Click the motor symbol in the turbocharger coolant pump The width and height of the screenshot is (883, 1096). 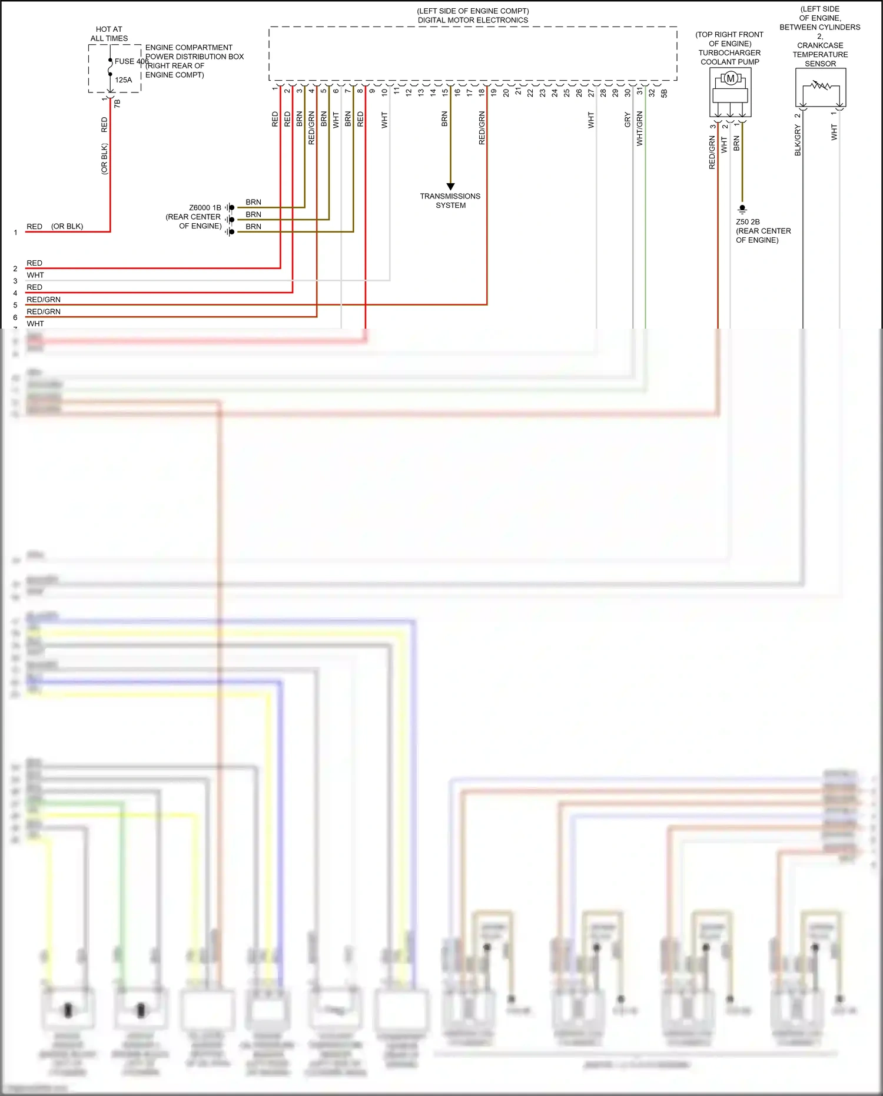click(731, 78)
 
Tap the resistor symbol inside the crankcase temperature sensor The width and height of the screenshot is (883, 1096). click(820, 87)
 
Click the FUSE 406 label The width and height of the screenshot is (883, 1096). click(131, 61)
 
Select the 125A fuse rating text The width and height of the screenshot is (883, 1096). click(124, 80)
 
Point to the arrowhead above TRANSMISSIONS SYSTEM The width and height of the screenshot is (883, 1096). click(451, 187)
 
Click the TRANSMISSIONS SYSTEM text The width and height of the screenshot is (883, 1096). click(450, 201)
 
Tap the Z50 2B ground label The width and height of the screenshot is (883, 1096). click(748, 222)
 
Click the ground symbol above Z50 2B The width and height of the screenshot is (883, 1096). click(742, 208)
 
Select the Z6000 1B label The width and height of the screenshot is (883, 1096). click(205, 208)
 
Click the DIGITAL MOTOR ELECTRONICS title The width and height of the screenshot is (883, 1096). click(473, 20)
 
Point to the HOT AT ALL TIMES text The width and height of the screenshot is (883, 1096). click(109, 34)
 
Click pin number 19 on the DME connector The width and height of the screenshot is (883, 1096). click(494, 92)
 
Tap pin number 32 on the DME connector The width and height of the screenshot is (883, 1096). click(652, 92)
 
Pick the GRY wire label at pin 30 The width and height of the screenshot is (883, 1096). click(628, 120)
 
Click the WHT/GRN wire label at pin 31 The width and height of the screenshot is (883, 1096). click(640, 128)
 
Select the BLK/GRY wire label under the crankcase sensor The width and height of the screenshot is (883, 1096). click(798, 141)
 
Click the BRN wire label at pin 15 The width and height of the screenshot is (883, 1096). click(444, 120)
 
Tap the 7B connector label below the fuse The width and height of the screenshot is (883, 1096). click(117, 103)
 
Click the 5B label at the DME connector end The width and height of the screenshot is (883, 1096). click(664, 93)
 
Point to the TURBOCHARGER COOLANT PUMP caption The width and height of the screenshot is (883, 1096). click(729, 57)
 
